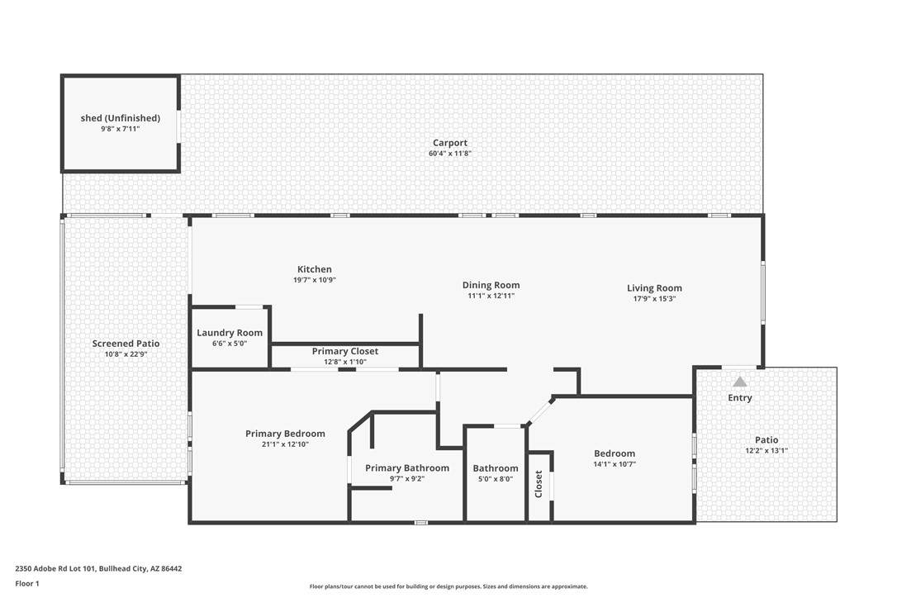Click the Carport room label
449,143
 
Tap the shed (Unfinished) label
120,118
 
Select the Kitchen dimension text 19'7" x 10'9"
314,280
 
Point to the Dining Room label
491,285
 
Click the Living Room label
654,287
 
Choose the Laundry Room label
230,333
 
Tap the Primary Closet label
345,351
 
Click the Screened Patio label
126,344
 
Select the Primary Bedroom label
285,433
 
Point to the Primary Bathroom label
407,468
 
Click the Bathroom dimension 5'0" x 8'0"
496,479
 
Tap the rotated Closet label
539,484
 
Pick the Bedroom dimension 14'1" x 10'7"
615,464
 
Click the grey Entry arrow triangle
740,382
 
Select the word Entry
740,398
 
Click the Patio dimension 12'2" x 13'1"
766,450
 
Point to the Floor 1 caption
27,584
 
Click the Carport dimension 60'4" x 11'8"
449,154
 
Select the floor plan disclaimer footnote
448,586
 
